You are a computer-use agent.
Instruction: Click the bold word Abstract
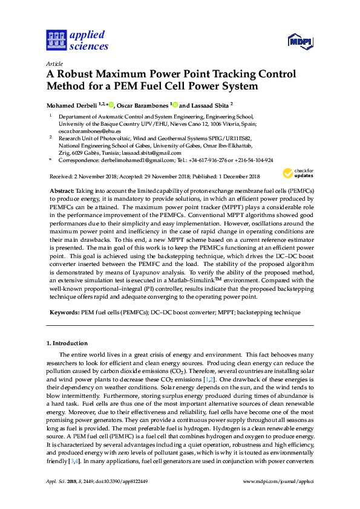tap(61, 190)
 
